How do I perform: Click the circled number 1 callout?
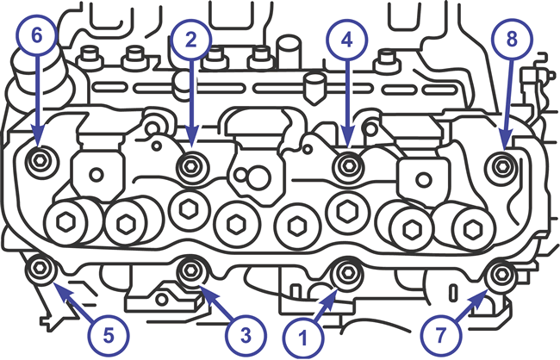coord(303,338)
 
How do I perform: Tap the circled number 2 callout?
coord(191,40)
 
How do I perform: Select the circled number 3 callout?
coord(246,336)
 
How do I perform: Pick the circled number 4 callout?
coord(347,40)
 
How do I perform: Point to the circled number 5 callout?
coord(109,336)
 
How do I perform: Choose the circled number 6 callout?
coord(36,35)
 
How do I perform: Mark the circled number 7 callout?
coord(441,336)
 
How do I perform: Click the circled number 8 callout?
coord(512,39)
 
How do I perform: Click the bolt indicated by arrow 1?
coord(347,274)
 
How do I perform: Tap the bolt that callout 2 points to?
coord(190,165)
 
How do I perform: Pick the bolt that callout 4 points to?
coord(348,165)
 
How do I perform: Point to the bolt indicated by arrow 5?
coord(39,267)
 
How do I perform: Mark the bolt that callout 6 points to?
coord(39,161)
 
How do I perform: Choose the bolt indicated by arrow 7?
coord(502,274)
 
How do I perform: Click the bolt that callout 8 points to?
coord(502,165)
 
